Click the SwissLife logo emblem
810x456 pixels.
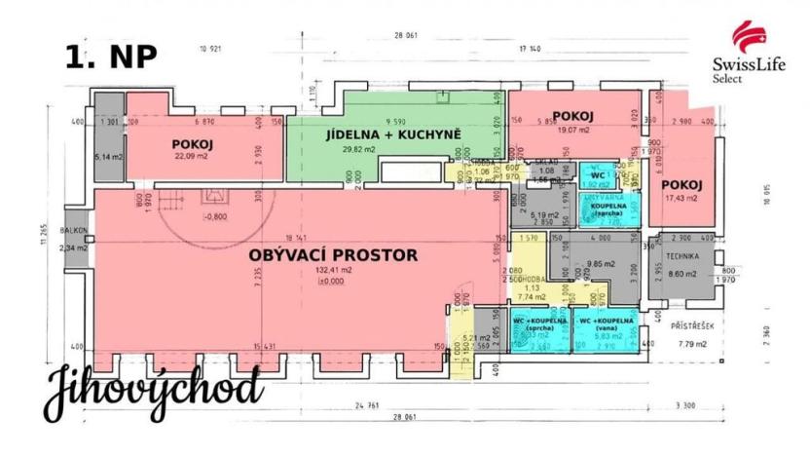coord(747,38)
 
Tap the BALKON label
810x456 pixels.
coord(73,232)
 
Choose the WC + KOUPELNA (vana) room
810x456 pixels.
coord(606,325)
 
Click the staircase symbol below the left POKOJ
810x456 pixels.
coord(173,202)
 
